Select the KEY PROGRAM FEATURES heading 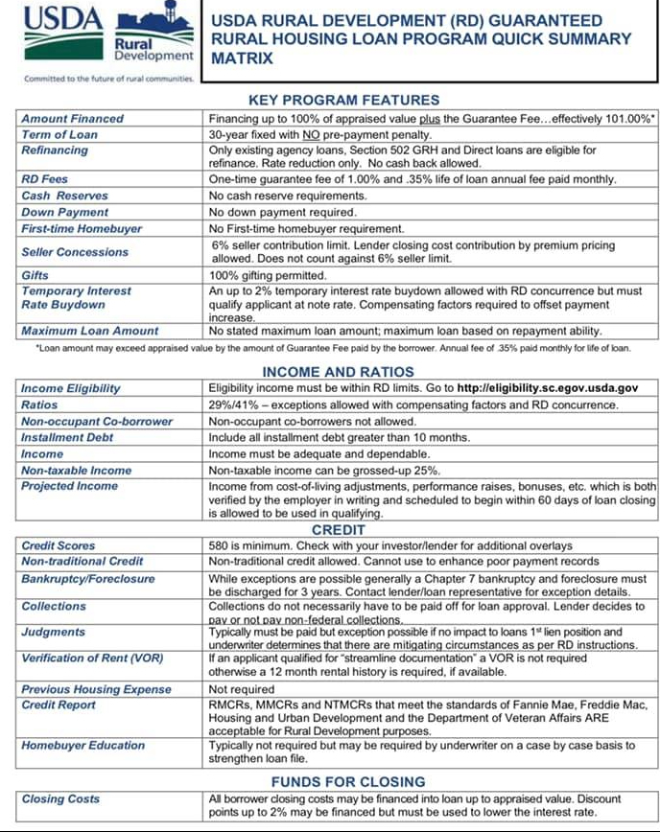pyautogui.click(x=343, y=100)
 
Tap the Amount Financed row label pyautogui.click(x=73, y=119)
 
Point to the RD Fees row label pyautogui.click(x=45, y=179)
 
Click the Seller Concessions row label pyautogui.click(x=75, y=252)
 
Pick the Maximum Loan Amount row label pyautogui.click(x=90, y=331)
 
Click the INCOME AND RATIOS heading pyautogui.click(x=339, y=372)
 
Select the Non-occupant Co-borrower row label pyautogui.click(x=97, y=422)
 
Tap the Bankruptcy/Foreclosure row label pyautogui.click(x=89, y=579)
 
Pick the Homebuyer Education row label pyautogui.click(x=83, y=746)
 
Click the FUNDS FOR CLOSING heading pyautogui.click(x=347, y=781)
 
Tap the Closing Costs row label pyautogui.click(x=60, y=799)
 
